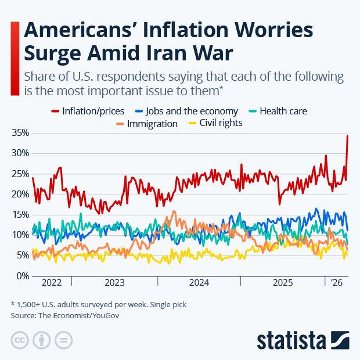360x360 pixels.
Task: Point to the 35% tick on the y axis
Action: click(20, 133)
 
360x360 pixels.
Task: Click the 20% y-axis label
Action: click(20, 194)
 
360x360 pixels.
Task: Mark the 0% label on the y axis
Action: click(22, 276)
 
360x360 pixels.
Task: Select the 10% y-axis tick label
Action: click(20, 235)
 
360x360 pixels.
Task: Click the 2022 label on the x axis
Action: click(52, 283)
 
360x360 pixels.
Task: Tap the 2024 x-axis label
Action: click(199, 283)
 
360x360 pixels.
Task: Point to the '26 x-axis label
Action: click(336, 283)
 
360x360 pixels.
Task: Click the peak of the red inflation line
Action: click(347, 136)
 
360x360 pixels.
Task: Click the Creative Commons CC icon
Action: click(20, 340)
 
